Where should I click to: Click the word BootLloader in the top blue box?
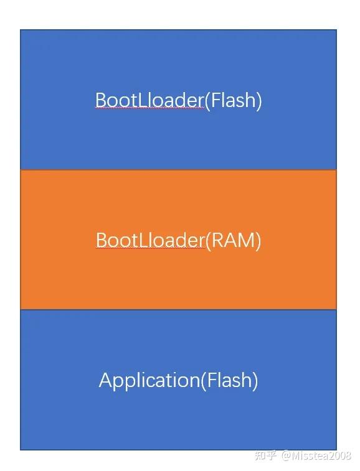(x=149, y=100)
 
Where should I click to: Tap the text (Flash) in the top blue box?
(x=233, y=100)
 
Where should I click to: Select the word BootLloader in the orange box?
(x=150, y=240)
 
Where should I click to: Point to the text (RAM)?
(x=233, y=240)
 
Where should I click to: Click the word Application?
(x=149, y=380)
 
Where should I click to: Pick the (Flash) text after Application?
(x=229, y=380)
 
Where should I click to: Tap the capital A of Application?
(x=106, y=380)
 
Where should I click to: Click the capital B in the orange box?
(x=102, y=240)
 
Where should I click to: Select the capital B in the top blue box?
(x=101, y=100)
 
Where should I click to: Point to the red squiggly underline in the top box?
(x=149, y=109)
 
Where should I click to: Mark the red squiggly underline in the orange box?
(x=150, y=249)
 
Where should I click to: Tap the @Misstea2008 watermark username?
(x=316, y=457)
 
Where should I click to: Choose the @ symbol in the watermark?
(x=286, y=457)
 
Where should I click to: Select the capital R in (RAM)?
(x=219, y=240)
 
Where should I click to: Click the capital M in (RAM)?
(x=246, y=240)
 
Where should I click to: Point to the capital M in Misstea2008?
(x=295, y=457)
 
